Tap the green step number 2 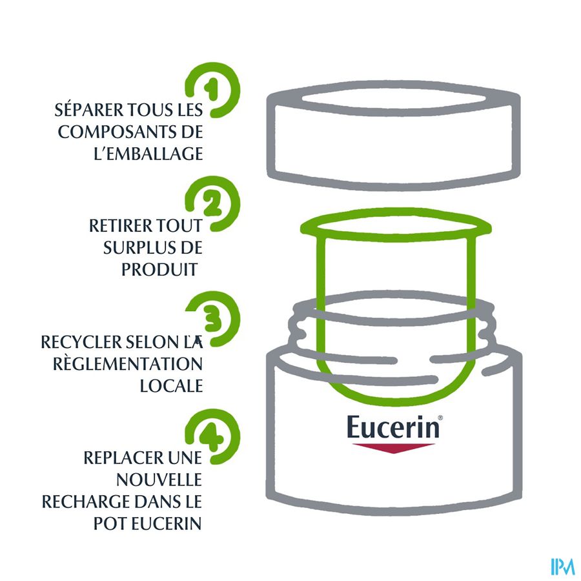[212, 204]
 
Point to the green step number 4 [212, 436]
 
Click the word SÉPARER [89, 110]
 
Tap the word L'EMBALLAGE [148, 154]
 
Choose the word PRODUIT [159, 269]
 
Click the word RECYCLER [81, 342]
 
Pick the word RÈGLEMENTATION [128, 364]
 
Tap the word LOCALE [171, 386]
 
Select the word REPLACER [124, 458]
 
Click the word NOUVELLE [159, 480]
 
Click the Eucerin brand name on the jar [393, 427]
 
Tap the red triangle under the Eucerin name [394, 447]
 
